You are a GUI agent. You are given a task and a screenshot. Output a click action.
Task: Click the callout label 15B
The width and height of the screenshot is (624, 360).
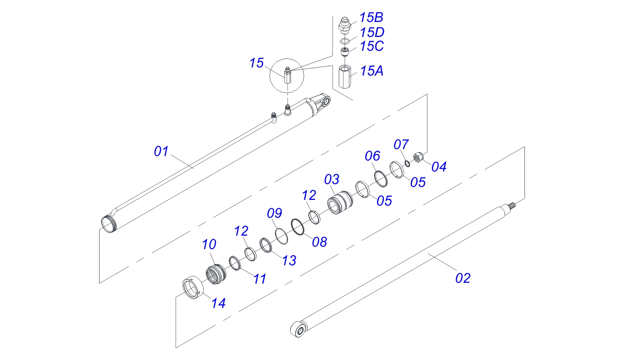(371, 18)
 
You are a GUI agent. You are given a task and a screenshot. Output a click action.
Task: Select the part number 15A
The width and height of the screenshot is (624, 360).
(371, 71)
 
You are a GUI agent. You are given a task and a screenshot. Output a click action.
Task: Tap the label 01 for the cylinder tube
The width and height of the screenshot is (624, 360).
(161, 152)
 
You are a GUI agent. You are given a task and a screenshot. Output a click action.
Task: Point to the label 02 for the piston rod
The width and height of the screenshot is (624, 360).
(463, 278)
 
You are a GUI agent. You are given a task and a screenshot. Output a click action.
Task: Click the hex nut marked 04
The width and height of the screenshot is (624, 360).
(417, 157)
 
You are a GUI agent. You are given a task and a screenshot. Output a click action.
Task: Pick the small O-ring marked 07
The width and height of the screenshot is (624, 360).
(407, 163)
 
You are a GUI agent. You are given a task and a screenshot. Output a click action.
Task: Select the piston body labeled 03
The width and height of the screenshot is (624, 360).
(340, 202)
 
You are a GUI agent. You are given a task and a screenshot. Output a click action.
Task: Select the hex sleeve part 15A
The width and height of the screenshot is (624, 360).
(344, 76)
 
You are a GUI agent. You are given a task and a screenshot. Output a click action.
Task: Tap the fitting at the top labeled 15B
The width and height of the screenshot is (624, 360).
(344, 24)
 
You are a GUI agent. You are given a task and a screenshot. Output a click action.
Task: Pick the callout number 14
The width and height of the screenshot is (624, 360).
(218, 303)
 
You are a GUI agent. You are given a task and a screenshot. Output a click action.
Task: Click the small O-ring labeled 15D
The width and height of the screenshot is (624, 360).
(344, 41)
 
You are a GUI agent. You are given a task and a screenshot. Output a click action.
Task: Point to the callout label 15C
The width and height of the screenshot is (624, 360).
(371, 46)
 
